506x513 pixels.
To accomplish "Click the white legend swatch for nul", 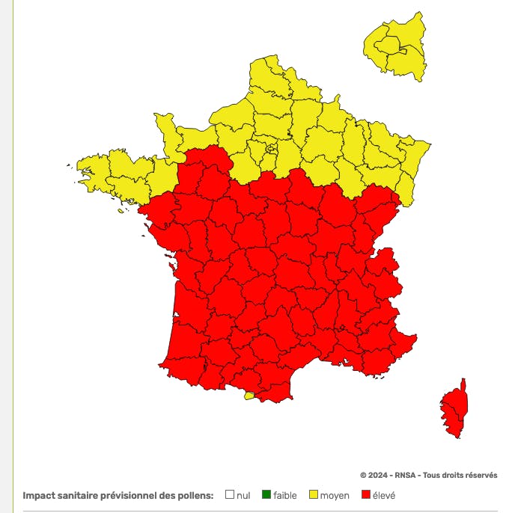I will (x=230, y=494).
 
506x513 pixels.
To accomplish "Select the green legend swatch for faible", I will (x=266, y=494).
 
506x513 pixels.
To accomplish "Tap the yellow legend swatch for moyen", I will (x=314, y=494).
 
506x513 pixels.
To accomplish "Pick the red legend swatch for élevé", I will (x=366, y=494).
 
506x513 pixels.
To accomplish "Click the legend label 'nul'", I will (x=243, y=495).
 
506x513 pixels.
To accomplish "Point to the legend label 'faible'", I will (x=285, y=495).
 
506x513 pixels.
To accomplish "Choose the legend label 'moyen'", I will (x=335, y=495).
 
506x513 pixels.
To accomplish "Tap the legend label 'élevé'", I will (x=384, y=495).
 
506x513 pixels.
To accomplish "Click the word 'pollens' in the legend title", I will (x=196, y=495).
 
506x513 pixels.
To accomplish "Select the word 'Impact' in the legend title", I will (x=40, y=495).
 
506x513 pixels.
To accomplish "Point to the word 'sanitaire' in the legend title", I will (x=81, y=495).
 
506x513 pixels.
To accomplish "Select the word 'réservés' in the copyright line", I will (x=480, y=475).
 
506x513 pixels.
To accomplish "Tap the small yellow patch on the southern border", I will (x=249, y=396).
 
